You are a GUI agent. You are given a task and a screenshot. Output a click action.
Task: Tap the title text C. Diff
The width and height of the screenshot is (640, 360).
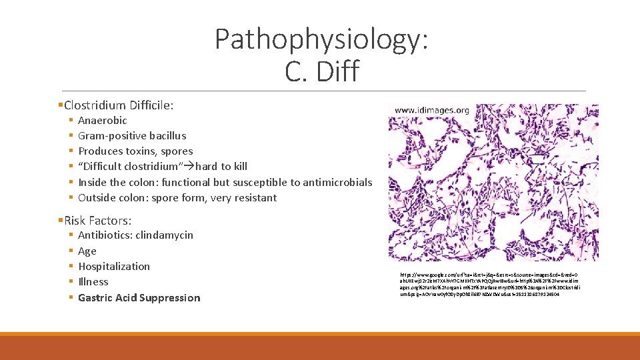pos(321,71)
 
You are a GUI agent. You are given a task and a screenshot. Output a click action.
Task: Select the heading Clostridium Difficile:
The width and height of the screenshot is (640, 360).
pos(118,105)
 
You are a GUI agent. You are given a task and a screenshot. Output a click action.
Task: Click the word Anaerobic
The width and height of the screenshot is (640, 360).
pos(102,121)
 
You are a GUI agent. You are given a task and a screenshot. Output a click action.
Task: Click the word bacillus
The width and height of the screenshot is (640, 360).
pos(166,136)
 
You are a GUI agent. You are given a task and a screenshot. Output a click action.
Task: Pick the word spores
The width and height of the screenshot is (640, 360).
pos(177,151)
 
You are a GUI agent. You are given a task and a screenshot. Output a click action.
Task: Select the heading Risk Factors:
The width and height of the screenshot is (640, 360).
pos(97,221)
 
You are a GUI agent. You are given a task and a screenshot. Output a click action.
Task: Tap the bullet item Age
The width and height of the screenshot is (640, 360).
pos(87,251)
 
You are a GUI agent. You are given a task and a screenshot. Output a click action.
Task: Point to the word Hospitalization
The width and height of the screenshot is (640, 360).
pos(114,267)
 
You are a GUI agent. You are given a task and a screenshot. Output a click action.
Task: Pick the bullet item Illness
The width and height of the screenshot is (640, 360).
pos(93,282)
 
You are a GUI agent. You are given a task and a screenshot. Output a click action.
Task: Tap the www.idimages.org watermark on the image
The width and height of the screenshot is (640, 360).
pos(431,110)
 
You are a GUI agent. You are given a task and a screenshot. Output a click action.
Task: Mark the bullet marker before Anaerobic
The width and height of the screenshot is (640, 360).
pos(70,121)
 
